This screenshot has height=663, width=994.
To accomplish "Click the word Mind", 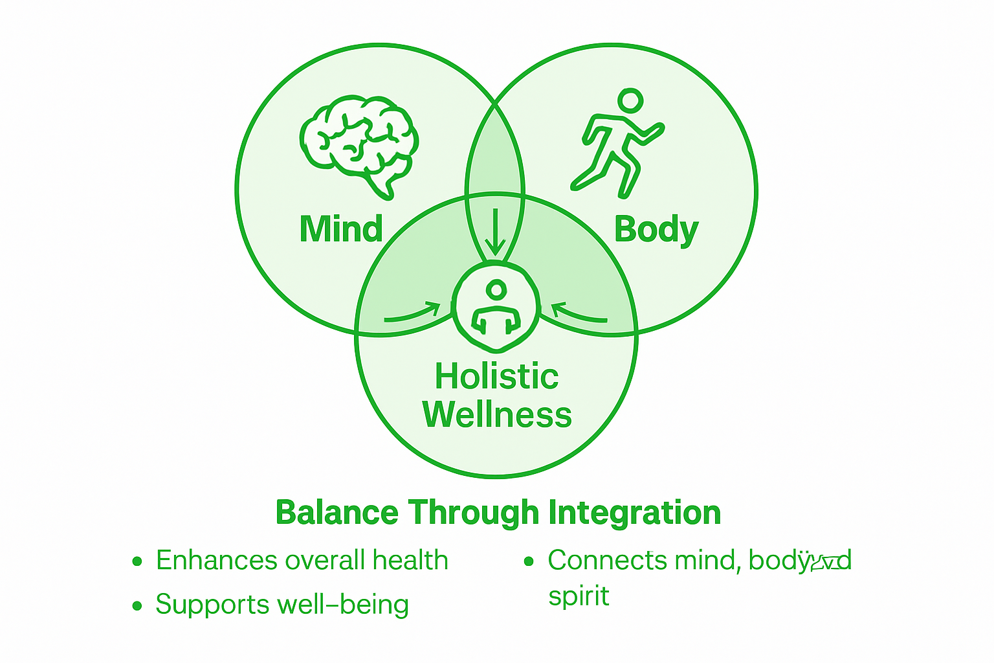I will (x=341, y=229).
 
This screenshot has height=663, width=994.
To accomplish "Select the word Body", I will (x=656, y=230).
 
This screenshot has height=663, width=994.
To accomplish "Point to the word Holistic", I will (x=496, y=376).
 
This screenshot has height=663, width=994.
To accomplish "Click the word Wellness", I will (x=497, y=414).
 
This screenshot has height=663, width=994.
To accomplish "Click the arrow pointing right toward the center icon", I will (x=413, y=313).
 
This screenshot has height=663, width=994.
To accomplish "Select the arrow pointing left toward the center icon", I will (x=579, y=313).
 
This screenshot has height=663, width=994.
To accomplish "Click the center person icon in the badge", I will (x=496, y=307).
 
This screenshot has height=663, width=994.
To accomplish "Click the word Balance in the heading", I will (x=337, y=513).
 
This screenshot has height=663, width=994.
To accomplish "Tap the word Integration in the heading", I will (x=635, y=513).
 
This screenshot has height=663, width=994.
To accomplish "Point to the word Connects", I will (x=598, y=561).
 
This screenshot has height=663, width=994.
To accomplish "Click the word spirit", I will (x=579, y=596).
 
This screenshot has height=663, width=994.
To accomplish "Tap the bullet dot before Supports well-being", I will (x=137, y=606).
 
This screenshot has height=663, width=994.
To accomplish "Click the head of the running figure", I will (x=630, y=100).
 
